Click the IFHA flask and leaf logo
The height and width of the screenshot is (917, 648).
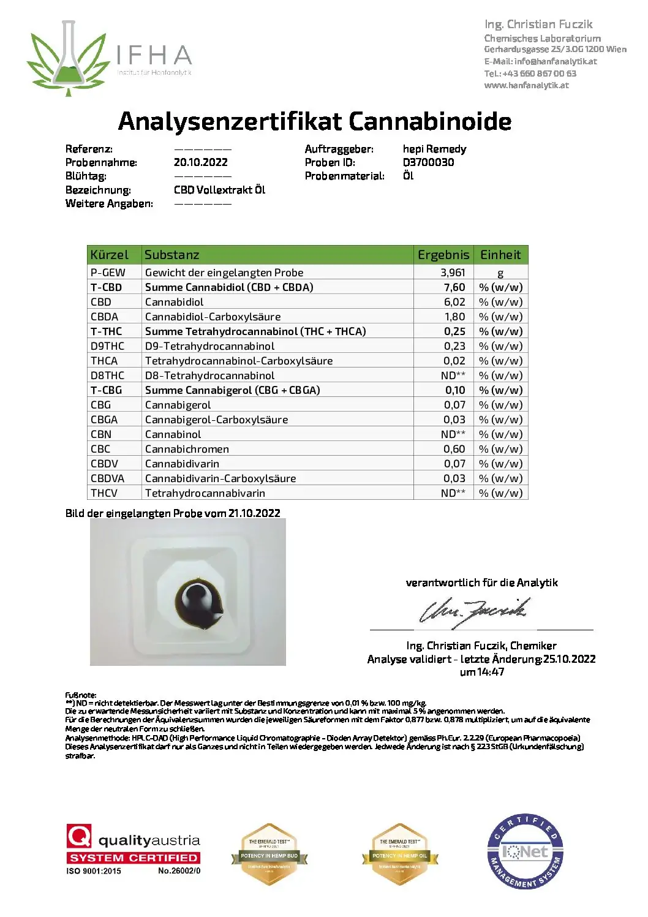coord(69,59)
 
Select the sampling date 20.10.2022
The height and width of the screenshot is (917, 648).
coord(200,162)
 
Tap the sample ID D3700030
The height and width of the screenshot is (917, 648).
coord(428,162)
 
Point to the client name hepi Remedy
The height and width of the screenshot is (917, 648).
coord(434,149)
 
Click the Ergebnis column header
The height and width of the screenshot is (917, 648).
coord(443,255)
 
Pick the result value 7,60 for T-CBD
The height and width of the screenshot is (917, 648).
coord(454,287)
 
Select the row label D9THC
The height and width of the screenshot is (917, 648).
coord(107,346)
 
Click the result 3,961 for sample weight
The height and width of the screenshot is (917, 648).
coord(453,273)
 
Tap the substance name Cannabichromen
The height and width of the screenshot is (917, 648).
coord(187,449)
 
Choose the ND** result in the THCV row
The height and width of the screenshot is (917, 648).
coord(453,493)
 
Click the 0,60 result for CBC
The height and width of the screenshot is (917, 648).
coord(454,449)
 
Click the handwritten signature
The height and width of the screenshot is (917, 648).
coord(473,612)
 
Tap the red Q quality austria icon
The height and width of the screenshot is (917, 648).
coord(79,836)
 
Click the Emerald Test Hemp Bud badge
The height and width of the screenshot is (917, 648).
coord(269,855)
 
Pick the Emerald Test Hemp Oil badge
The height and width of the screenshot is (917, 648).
coord(400,855)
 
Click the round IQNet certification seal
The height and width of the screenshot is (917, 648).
coord(525,852)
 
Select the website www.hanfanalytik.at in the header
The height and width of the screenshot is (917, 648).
coord(526,85)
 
